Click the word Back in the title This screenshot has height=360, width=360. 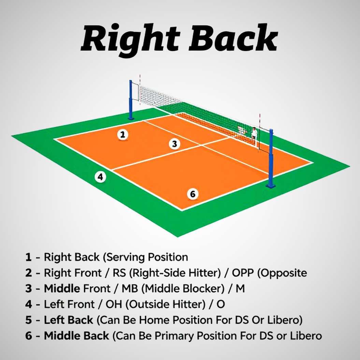click(233, 38)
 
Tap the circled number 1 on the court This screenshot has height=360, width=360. click(123, 134)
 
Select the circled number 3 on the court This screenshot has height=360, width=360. click(174, 144)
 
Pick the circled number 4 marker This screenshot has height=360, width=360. click(100, 177)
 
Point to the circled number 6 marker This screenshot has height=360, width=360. click(193, 194)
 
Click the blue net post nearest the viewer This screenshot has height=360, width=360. click(271, 158)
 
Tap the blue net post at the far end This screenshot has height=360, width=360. click(131, 100)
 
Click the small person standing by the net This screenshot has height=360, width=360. click(254, 133)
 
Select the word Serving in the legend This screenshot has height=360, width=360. click(125, 257)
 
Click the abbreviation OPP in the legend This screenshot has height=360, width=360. click(243, 273)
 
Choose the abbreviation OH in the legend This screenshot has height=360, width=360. click(114, 304)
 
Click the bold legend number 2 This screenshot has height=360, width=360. click(28, 273)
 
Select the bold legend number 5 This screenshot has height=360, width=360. click(28, 320)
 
